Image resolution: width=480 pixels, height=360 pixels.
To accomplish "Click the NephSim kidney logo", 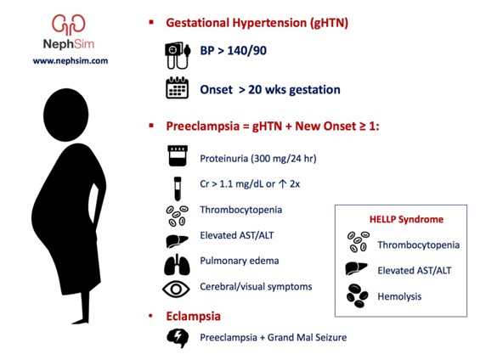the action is [69, 25].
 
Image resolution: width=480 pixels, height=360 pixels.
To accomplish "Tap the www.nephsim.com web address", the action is [71, 61].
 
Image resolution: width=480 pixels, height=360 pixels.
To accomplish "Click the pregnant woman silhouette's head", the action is [65, 115].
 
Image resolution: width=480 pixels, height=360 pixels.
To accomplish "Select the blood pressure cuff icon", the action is [178, 56].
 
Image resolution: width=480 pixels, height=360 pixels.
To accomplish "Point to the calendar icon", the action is [178, 87].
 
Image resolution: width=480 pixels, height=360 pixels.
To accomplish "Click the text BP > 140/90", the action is [234, 50].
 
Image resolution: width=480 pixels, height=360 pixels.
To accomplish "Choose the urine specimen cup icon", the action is [178, 155].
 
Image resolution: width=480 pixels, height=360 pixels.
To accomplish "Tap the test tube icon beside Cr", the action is [178, 188].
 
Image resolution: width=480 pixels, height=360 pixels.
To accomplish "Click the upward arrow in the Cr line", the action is [282, 184].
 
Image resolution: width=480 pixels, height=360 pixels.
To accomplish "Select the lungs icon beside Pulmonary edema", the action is [177, 265].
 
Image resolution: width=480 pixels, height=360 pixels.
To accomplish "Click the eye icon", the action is [176, 289].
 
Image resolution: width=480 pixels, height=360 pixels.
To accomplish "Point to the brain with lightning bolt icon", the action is [178, 338].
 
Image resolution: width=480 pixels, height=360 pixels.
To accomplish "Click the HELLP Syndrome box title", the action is [406, 219].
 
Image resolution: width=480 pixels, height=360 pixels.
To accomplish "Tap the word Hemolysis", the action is [399, 296].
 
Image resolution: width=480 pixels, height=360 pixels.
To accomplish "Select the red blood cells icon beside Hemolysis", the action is [358, 295].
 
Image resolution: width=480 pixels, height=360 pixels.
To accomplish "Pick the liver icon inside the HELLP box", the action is [356, 268].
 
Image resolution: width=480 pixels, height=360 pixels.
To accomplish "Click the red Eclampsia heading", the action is [193, 316].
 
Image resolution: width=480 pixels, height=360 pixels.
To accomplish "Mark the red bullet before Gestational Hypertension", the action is [151, 22].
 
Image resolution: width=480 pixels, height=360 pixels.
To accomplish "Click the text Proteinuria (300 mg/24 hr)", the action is [258, 159].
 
